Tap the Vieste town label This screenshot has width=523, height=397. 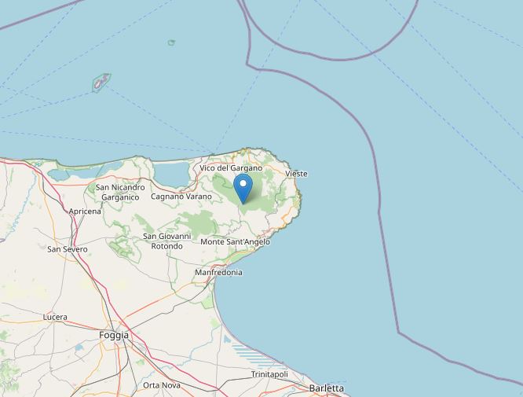(297, 174)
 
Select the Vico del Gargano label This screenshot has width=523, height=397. (231, 168)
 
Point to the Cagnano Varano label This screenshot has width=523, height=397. (181, 196)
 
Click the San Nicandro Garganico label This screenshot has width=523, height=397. (120, 193)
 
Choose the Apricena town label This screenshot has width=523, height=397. (85, 211)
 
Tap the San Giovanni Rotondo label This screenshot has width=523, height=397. (166, 241)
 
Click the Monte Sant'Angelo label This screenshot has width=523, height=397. (235, 242)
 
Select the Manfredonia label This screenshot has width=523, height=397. (218, 273)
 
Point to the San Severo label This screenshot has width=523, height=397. (68, 249)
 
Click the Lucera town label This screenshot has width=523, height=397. (55, 318)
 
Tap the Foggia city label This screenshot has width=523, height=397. (114, 335)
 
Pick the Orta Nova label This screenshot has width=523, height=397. (162, 385)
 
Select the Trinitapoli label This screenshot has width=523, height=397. (269, 374)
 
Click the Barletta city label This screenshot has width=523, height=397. (327, 388)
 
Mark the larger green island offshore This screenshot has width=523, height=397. (102, 82)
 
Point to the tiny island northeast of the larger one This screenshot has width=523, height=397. (171, 42)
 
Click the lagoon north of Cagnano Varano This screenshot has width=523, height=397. (171, 172)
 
